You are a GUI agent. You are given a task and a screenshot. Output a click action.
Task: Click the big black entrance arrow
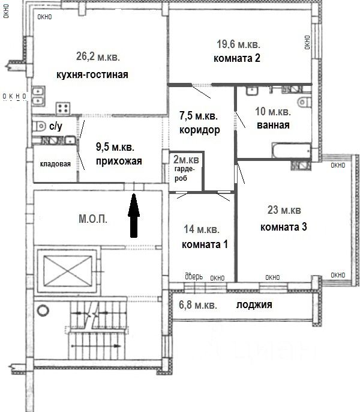pos(134,216)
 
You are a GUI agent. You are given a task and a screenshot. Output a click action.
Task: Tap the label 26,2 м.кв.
pos(98,56)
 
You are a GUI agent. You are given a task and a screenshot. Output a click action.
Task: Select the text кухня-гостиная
pos(92,74)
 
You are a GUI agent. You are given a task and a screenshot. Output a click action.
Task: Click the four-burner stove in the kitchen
pos(63,108)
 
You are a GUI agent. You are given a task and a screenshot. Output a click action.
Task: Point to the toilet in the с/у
pos(39,126)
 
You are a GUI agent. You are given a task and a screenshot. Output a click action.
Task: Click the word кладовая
pos(55,164)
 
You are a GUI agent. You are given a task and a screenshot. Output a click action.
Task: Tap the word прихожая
pos(119,161)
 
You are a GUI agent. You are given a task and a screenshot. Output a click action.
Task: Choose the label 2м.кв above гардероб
pos(186,159)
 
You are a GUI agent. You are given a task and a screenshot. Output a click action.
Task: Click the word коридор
pos(200,130)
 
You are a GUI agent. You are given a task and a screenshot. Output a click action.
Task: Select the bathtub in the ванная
pos(292,150)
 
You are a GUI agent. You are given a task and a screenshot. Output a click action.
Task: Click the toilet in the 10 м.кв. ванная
pos(305,101)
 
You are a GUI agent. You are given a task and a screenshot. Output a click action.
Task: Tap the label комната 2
pos(237,58)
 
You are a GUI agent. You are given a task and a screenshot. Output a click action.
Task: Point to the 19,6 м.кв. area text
pos(238,44)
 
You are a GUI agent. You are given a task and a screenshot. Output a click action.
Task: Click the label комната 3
pos(284,227)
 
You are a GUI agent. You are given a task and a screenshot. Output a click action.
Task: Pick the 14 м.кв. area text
pos(202,229)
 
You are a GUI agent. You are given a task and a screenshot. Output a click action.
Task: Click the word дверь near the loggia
pos(194,276)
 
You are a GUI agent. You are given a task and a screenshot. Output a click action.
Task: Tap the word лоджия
pos(254,305)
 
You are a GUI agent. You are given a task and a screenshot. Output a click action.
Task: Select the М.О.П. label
pos(93,219)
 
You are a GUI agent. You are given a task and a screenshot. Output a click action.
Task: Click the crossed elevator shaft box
pos(67,271)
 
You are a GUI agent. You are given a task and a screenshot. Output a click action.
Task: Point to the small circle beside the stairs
pos(43,311)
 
